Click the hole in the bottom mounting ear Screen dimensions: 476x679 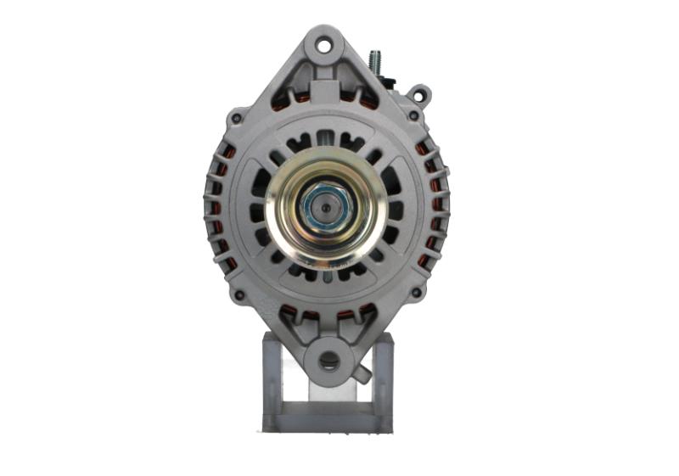pos(328,361)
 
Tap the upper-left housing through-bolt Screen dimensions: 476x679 pos(237,119)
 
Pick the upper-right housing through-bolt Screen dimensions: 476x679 pos(413,115)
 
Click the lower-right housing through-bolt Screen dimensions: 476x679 pos(416,293)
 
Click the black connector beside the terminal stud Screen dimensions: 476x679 pos(390,83)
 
